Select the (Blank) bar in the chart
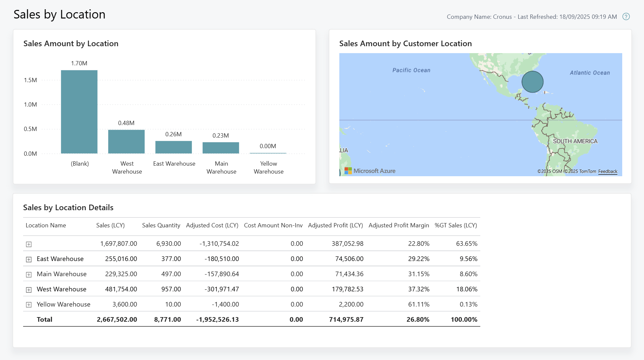point(79,112)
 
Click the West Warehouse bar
point(126,142)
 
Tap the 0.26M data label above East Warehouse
point(173,134)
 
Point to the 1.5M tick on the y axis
point(30,80)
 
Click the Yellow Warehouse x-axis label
point(268,168)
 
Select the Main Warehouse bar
point(220,148)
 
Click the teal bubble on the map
point(532,82)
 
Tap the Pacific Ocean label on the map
point(411,70)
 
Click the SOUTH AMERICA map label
point(575,141)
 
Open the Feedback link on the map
point(608,171)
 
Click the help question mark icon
point(626,16)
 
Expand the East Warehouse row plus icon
point(29,259)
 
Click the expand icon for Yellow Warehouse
point(29,305)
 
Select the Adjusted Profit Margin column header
point(398,225)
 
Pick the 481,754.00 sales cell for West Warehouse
point(121,289)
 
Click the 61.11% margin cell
point(419,304)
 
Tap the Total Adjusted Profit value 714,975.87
point(346,319)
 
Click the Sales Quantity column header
point(161,225)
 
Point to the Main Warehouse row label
point(61,274)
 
